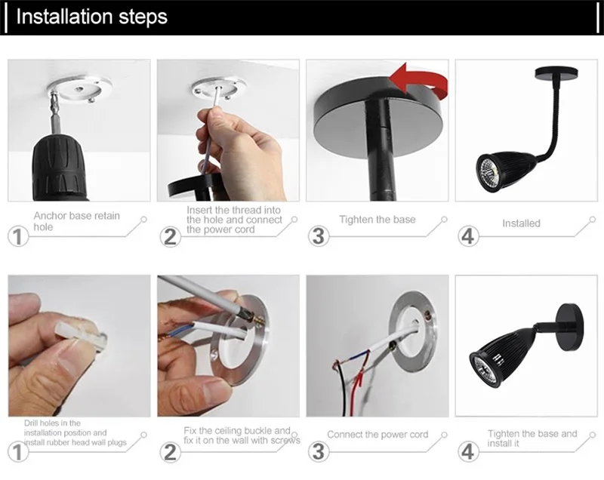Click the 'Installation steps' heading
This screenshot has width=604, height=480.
pyautogui.click(x=91, y=17)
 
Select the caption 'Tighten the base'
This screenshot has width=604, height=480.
pyautogui.click(x=377, y=220)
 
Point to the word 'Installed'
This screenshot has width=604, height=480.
pyautogui.click(x=521, y=223)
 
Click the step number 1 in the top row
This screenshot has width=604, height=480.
pyautogui.click(x=17, y=236)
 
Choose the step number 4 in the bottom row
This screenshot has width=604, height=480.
pyautogui.click(x=467, y=451)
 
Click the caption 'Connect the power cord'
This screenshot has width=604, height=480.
pyautogui.click(x=377, y=435)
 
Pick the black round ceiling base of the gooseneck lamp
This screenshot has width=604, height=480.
pyautogui.click(x=556, y=73)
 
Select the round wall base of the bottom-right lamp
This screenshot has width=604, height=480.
pyautogui.click(x=570, y=327)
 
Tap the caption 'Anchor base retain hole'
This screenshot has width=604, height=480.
pyautogui.click(x=77, y=221)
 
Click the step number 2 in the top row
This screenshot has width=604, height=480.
pyautogui.click(x=170, y=236)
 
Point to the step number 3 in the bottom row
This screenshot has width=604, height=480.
pyautogui.click(x=318, y=451)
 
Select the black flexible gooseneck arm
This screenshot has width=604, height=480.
pyautogui.click(x=548, y=115)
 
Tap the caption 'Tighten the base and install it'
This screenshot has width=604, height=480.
pyautogui.click(x=532, y=438)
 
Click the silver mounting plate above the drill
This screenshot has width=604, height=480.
pyautogui.click(x=80, y=87)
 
